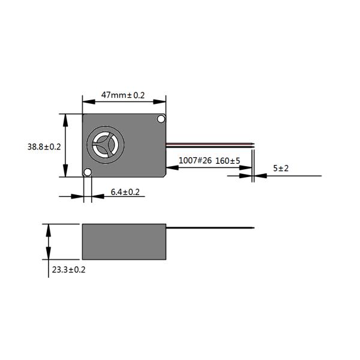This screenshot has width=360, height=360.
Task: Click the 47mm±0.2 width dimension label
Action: (x=123, y=95)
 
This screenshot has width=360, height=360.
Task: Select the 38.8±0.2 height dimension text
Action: (x=44, y=147)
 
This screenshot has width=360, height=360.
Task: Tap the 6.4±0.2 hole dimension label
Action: (x=125, y=192)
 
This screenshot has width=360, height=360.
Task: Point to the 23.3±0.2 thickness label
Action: (x=68, y=269)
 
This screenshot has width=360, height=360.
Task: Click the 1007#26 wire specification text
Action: (x=195, y=160)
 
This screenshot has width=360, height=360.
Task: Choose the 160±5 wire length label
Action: (x=228, y=161)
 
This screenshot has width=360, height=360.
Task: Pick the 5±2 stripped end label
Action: (x=281, y=168)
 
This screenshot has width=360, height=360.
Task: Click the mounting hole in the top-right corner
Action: (x=161, y=119)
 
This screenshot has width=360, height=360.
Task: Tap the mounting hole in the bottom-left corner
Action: (x=88, y=172)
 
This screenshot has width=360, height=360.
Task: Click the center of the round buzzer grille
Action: (x=106, y=145)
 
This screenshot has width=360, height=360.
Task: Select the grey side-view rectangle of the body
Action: (x=124, y=242)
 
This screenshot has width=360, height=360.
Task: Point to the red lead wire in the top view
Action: (x=210, y=144)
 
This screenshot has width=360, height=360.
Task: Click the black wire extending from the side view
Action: (x=210, y=228)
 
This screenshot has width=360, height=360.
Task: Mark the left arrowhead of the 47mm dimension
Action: (x=89, y=102)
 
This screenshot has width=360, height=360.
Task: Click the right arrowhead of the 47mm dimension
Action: (x=160, y=102)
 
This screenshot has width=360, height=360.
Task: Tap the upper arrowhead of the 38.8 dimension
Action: (x=65, y=121)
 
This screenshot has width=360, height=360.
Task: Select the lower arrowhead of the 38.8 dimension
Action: (x=65, y=170)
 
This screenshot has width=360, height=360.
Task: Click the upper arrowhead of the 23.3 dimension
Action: (x=49, y=230)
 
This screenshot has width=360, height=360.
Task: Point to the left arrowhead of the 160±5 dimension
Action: (x=172, y=167)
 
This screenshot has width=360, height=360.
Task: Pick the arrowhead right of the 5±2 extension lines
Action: (x=260, y=176)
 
